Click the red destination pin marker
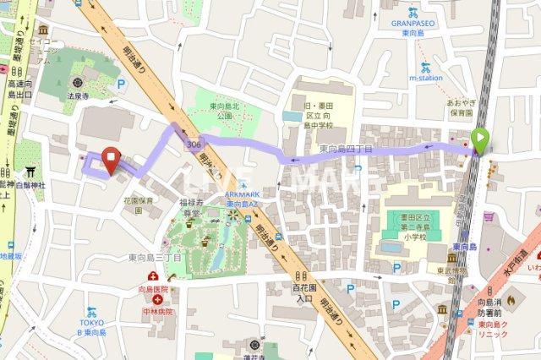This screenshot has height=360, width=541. pos(110,158)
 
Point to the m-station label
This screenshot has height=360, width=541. pos(426,78)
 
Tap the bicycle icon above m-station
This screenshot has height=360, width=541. pos(424,65)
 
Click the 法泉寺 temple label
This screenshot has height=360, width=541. pos(79,97)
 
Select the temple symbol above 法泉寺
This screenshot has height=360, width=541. pos(79,84)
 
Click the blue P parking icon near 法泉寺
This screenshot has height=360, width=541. pos(121,84)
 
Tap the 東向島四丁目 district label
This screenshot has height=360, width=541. pos(347,149)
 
